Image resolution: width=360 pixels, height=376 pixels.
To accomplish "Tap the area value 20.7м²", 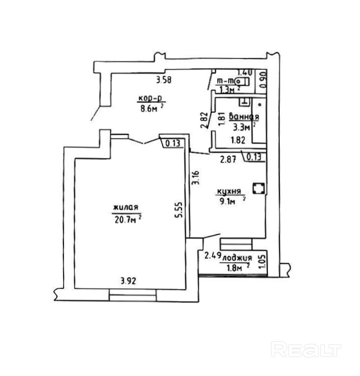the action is coord(126,219).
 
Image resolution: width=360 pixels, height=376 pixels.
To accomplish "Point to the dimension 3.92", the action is coord(129,281).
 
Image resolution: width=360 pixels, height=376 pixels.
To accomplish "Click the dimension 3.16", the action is coord(196,178).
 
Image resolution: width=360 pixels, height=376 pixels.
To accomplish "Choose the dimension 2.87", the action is coord(229,158).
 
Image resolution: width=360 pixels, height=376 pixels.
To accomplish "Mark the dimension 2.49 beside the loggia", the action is coord(212,256).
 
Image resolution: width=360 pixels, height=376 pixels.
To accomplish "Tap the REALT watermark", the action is coord(306,350).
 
